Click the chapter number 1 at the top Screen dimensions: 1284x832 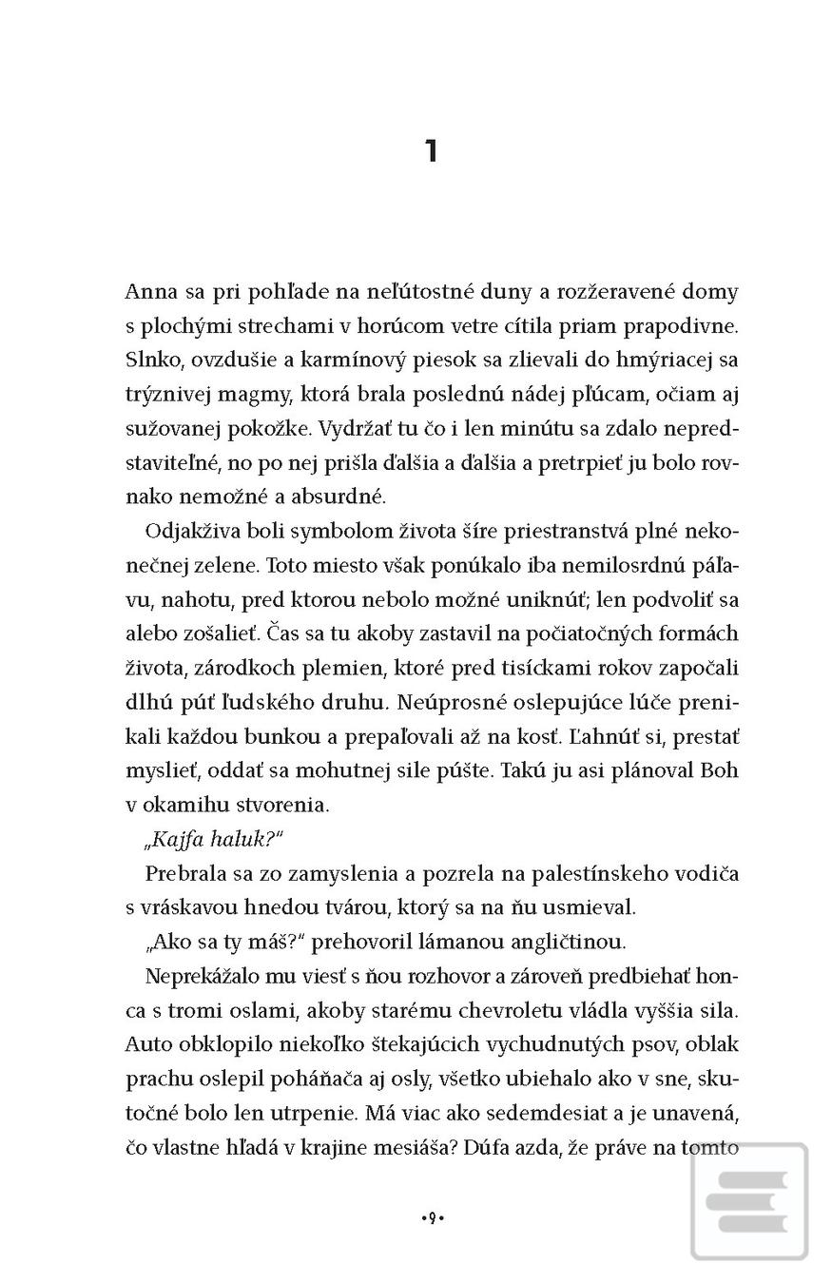click(431, 151)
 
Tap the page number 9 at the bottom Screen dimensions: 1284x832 click(433, 1217)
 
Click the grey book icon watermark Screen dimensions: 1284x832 click(750, 1202)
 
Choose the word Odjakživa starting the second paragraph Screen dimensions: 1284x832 click(193, 531)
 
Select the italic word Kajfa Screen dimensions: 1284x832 click(176, 838)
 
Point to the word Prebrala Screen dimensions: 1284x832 click(186, 873)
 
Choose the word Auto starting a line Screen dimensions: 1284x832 click(148, 1044)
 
